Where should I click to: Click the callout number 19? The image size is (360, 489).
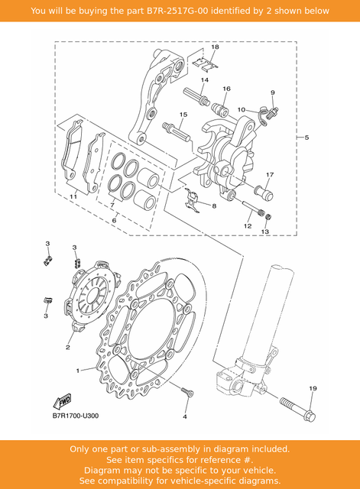313,389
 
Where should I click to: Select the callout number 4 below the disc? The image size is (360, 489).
185,416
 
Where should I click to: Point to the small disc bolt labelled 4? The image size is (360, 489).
187,392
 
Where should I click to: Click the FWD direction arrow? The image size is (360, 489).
62,401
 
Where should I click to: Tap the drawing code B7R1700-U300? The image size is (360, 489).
76,416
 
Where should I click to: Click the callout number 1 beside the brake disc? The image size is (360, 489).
78,371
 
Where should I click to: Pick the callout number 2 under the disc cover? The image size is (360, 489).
68,347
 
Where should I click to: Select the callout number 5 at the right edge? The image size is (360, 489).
306,138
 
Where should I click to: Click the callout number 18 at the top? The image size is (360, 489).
215,47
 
